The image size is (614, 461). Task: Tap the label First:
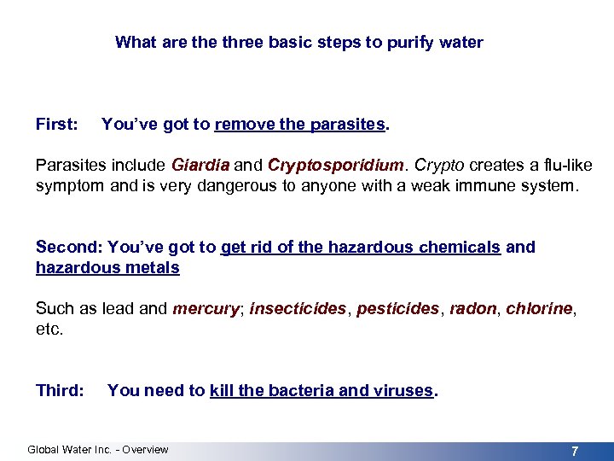tap(55, 124)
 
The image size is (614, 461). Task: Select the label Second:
tap(67, 247)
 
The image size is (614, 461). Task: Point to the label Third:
tap(60, 390)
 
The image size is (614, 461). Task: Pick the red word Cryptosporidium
tap(335, 165)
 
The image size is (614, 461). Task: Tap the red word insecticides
tap(298, 308)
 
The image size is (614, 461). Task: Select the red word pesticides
tap(398, 308)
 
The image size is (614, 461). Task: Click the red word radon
tap(472, 308)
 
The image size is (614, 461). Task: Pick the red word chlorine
tap(538, 308)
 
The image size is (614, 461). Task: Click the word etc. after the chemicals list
tap(49, 329)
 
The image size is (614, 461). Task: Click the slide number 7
tap(576, 450)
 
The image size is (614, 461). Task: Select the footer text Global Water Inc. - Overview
tap(98, 450)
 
